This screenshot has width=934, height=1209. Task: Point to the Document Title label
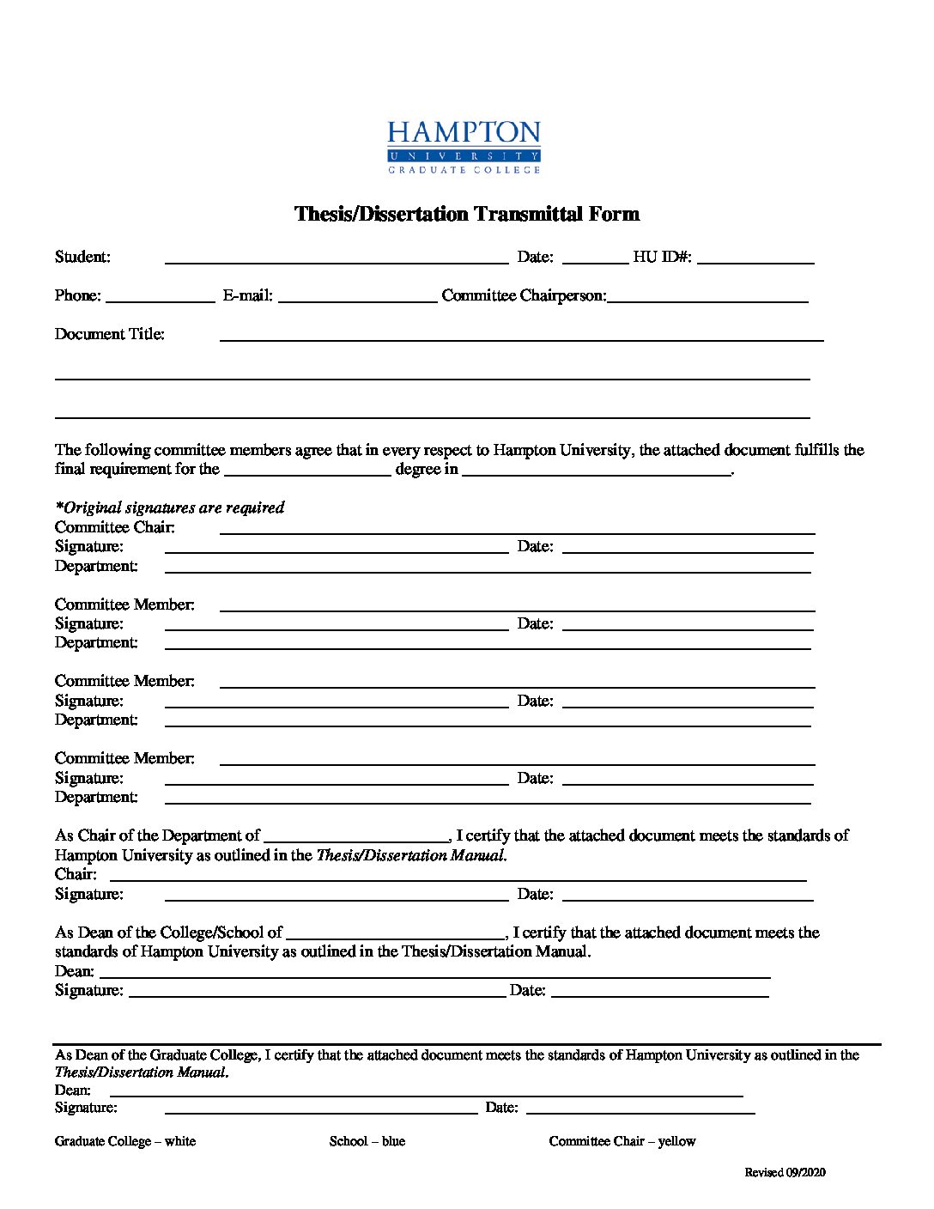[110, 334]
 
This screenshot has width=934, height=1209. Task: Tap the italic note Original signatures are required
[170, 507]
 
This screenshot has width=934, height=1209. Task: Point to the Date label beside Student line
[535, 257]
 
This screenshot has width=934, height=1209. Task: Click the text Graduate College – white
[125, 1141]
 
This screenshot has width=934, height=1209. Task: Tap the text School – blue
[367, 1141]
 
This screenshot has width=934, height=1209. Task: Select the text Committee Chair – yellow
[622, 1141]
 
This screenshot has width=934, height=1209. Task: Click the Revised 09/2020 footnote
[785, 1172]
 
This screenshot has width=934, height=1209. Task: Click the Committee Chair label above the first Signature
[115, 527]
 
